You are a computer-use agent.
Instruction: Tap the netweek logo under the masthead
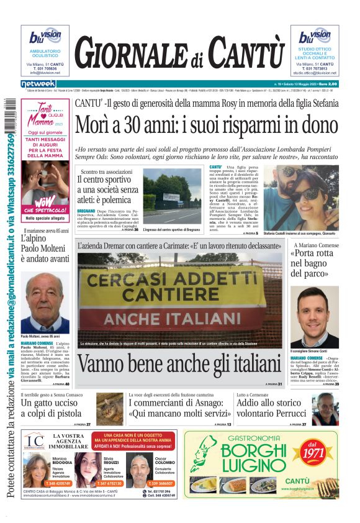coord(38,83)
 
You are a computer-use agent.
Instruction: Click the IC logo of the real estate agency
coord(35,442)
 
